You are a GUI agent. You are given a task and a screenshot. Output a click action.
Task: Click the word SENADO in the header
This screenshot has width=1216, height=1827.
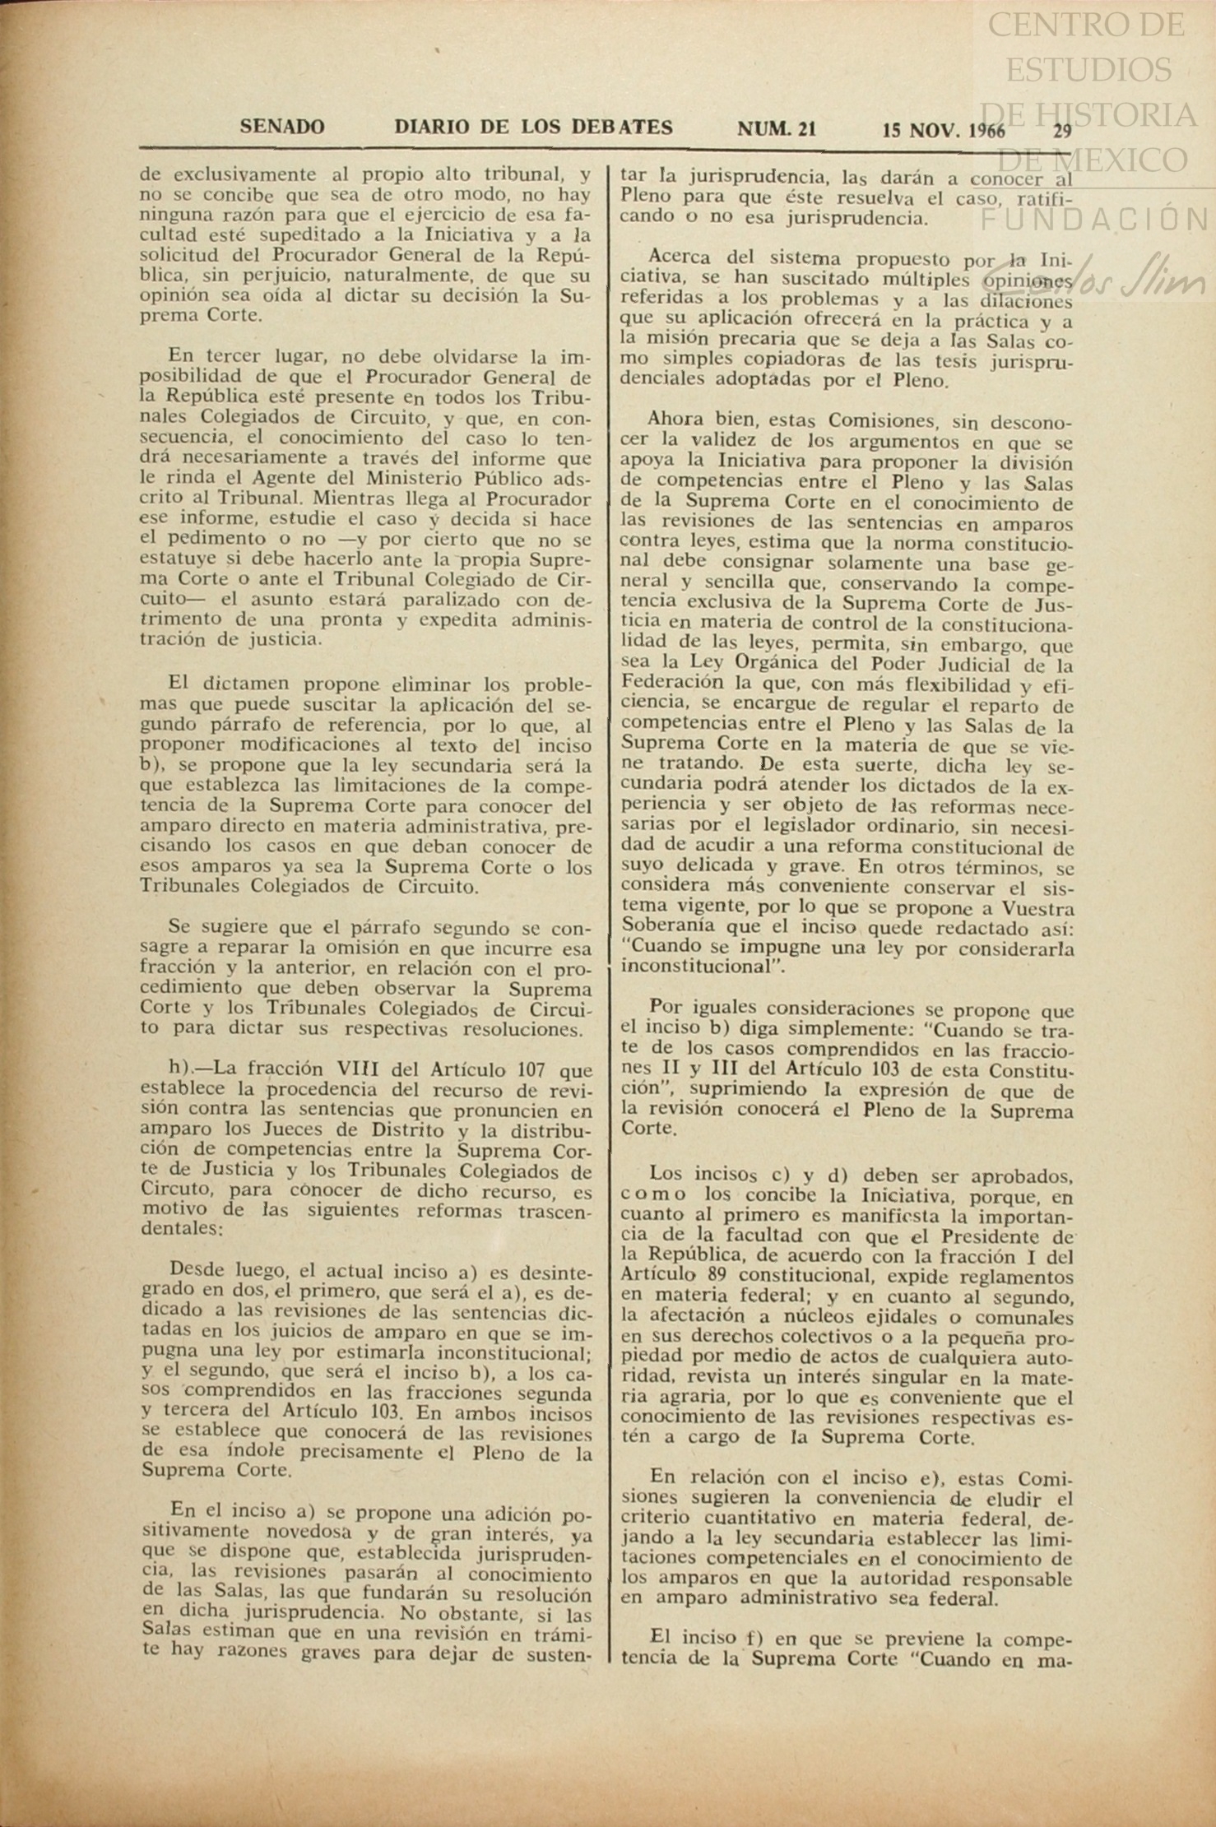click(x=282, y=128)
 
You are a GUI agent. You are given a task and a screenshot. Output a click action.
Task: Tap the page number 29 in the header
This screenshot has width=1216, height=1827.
click(x=1062, y=130)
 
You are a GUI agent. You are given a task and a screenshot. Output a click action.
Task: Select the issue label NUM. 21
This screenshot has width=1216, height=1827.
click(x=777, y=128)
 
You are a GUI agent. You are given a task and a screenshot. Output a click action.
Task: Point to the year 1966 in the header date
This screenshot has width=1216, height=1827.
click(x=987, y=130)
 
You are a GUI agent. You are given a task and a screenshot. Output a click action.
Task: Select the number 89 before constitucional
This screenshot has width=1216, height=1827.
click(x=714, y=1276)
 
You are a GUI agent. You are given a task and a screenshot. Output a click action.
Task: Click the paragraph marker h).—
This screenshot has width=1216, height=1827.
click(x=190, y=1070)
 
